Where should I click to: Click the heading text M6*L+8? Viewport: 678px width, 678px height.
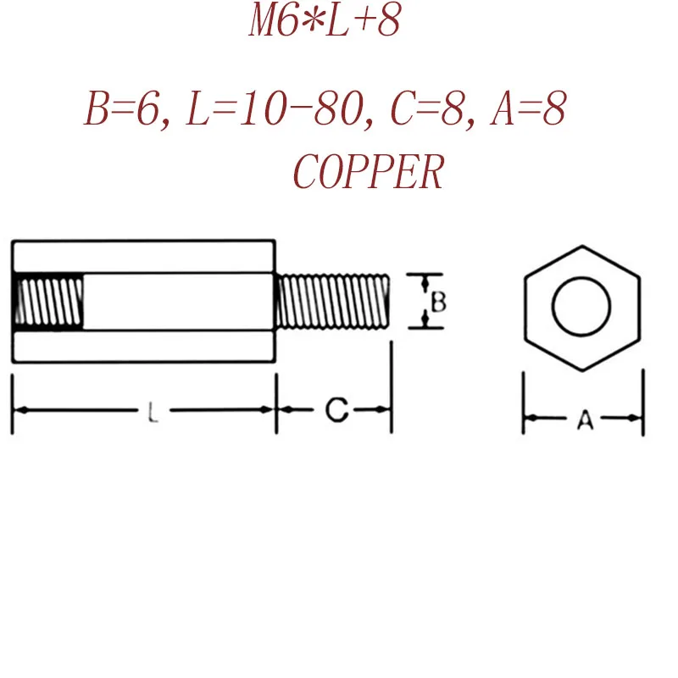point(323,23)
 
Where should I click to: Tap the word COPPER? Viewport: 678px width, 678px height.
point(368,173)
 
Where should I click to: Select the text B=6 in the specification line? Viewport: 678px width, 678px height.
point(121,111)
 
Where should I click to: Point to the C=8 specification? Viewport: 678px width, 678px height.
point(431,111)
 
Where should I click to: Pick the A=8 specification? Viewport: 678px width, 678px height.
point(528,111)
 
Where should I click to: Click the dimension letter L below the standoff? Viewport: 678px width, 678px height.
point(151,414)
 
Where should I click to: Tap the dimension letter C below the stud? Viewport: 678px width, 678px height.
point(336,412)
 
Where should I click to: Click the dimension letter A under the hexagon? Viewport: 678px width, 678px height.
point(584,419)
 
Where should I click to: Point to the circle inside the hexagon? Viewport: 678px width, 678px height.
point(582,307)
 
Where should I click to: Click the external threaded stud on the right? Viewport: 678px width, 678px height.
point(334,302)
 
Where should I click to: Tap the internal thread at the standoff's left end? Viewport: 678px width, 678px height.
point(49,302)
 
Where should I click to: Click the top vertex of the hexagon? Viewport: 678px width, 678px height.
point(582,247)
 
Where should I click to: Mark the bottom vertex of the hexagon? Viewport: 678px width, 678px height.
point(582,370)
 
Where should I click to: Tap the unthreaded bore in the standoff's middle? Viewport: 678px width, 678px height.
point(178,302)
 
